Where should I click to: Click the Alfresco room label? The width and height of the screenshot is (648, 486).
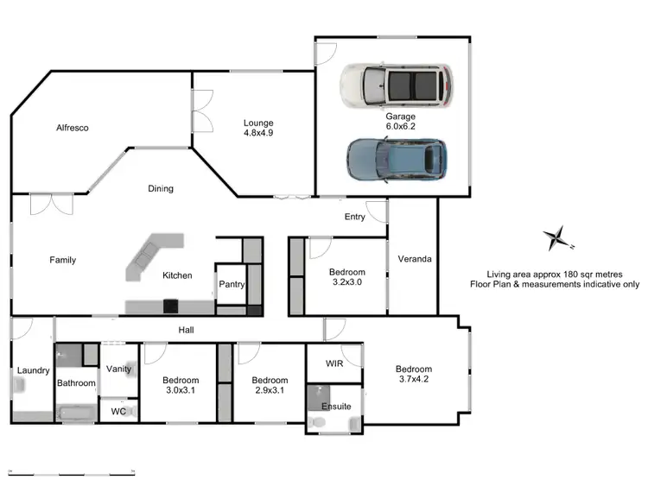[73, 128]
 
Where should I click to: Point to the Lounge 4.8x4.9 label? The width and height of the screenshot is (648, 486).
[257, 129]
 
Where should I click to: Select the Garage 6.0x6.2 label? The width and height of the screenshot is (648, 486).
[401, 121]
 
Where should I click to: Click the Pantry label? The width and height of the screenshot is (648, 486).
[231, 284]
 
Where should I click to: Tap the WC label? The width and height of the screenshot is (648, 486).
[119, 412]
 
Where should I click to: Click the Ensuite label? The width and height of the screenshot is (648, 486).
[336, 406]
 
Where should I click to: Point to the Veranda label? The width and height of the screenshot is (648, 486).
[414, 259]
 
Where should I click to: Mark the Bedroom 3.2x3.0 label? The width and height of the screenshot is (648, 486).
[347, 276]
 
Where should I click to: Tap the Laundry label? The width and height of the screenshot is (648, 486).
[33, 371]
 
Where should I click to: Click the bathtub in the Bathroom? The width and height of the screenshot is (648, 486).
[77, 413]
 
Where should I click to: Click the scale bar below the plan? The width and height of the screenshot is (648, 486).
[70, 470]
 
